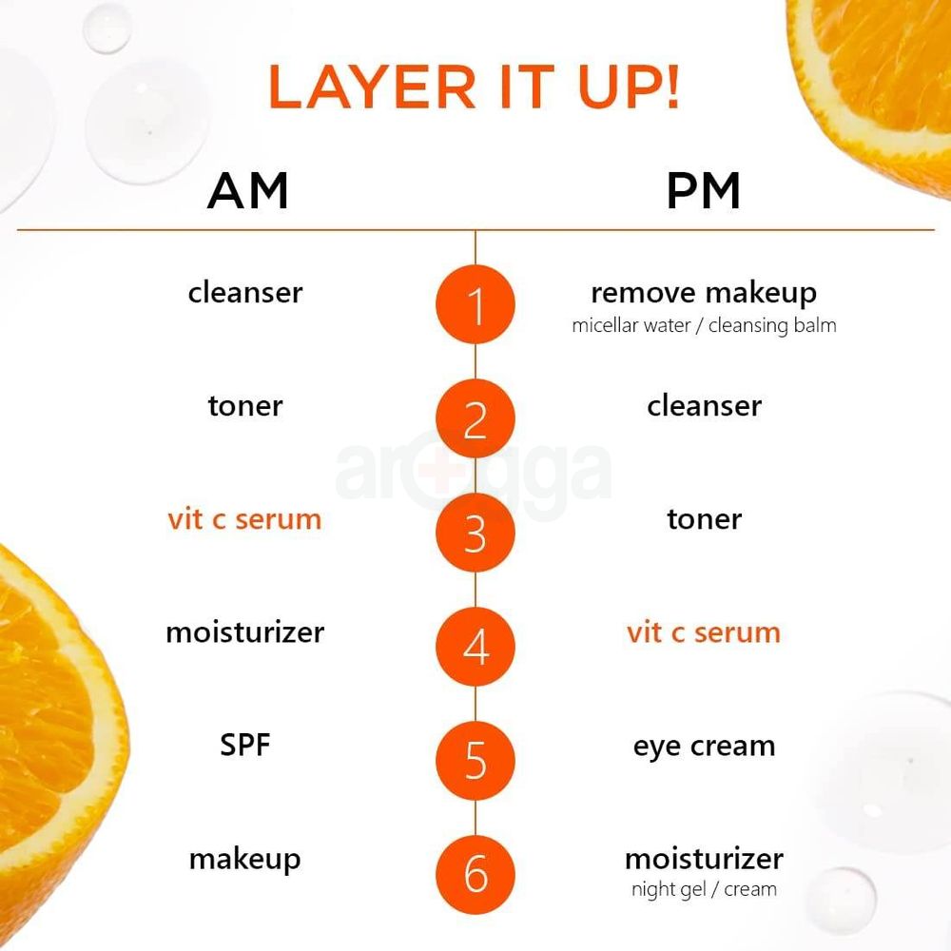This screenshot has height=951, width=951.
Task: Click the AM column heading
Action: (x=247, y=191)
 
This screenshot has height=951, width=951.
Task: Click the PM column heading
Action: (x=704, y=191)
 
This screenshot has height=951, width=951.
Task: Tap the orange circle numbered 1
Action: (x=475, y=305)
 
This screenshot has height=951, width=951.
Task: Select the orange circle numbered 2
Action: (x=475, y=419)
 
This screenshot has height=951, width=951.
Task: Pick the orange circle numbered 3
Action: (x=475, y=534)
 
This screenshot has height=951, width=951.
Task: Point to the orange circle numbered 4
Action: (x=475, y=647)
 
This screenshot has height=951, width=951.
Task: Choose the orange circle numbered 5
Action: (x=475, y=761)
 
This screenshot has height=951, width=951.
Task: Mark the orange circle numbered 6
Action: (x=475, y=875)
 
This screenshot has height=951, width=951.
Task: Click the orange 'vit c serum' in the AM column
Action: (x=244, y=519)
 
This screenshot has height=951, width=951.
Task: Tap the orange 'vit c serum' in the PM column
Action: (x=704, y=632)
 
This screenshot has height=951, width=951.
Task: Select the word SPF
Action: (x=245, y=745)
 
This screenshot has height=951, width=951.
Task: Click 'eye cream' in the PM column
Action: (x=704, y=747)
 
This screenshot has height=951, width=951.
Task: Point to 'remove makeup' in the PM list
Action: (x=704, y=293)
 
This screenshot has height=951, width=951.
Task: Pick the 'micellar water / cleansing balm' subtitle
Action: (x=704, y=325)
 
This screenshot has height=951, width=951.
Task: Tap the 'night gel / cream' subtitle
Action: (x=704, y=890)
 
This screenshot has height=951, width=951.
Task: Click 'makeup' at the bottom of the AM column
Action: (x=244, y=860)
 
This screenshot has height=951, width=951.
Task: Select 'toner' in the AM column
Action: (x=245, y=406)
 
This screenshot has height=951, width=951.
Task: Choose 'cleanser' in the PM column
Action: (x=704, y=406)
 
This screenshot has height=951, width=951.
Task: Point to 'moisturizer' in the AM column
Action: (x=244, y=632)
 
